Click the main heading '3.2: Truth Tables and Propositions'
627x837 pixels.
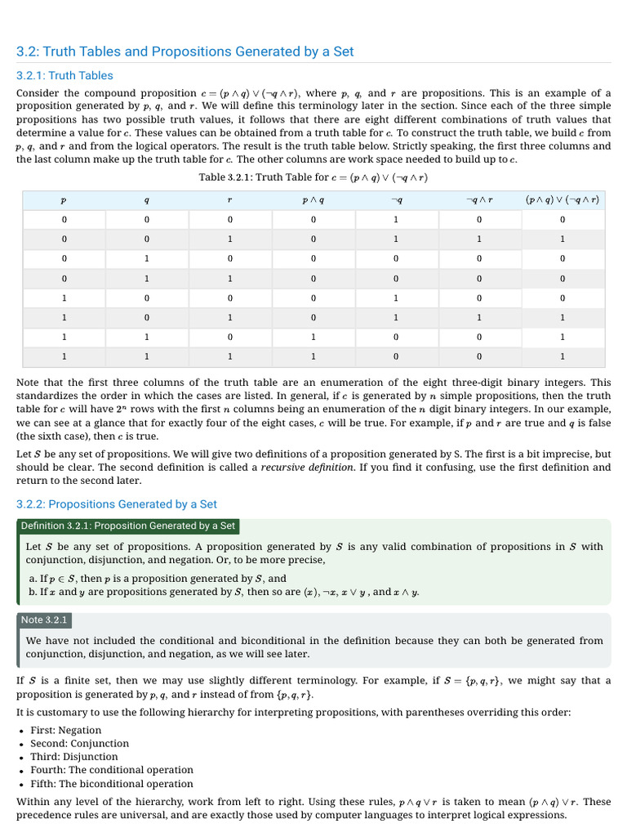pyautogui.click(x=185, y=51)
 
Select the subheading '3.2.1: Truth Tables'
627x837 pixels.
pyautogui.click(x=64, y=75)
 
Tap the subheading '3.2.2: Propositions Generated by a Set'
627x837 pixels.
pyautogui.click(x=117, y=504)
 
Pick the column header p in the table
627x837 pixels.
pyautogui.click(x=64, y=199)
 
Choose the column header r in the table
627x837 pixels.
pyautogui.click(x=230, y=199)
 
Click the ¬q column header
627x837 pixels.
pyautogui.click(x=396, y=199)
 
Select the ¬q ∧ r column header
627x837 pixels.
pyautogui.click(x=479, y=199)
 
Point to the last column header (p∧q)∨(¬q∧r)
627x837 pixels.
pyautogui.click(x=563, y=199)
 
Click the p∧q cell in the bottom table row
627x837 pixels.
pyautogui.click(x=313, y=356)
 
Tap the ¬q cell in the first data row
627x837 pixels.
pyautogui.click(x=396, y=220)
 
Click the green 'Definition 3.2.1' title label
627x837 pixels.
pyautogui.click(x=128, y=526)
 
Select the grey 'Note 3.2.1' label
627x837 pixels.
pyautogui.click(x=44, y=620)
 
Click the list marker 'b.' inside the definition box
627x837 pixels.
pyautogui.click(x=32, y=592)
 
